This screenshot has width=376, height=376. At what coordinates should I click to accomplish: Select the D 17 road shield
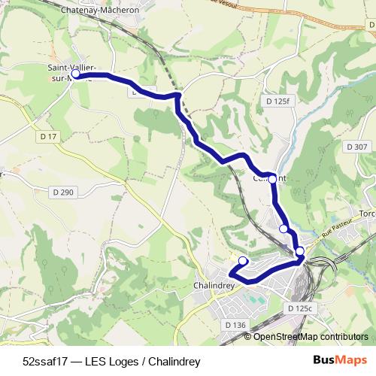tap(49, 136)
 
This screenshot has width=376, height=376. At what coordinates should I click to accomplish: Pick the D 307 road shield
tap(357, 147)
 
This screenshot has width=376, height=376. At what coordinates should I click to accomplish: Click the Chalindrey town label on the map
tap(215, 287)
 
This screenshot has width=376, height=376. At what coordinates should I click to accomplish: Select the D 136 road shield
tap(235, 324)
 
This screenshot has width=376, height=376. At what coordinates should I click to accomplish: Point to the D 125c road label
tap(299, 308)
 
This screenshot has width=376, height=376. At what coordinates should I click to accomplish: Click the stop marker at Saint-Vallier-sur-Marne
tap(76, 75)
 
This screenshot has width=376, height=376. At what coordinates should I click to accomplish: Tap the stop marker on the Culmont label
tap(272, 179)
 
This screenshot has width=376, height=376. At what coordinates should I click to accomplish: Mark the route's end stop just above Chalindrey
tap(242, 261)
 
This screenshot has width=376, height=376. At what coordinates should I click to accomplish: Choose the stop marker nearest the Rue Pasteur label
tap(299, 251)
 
